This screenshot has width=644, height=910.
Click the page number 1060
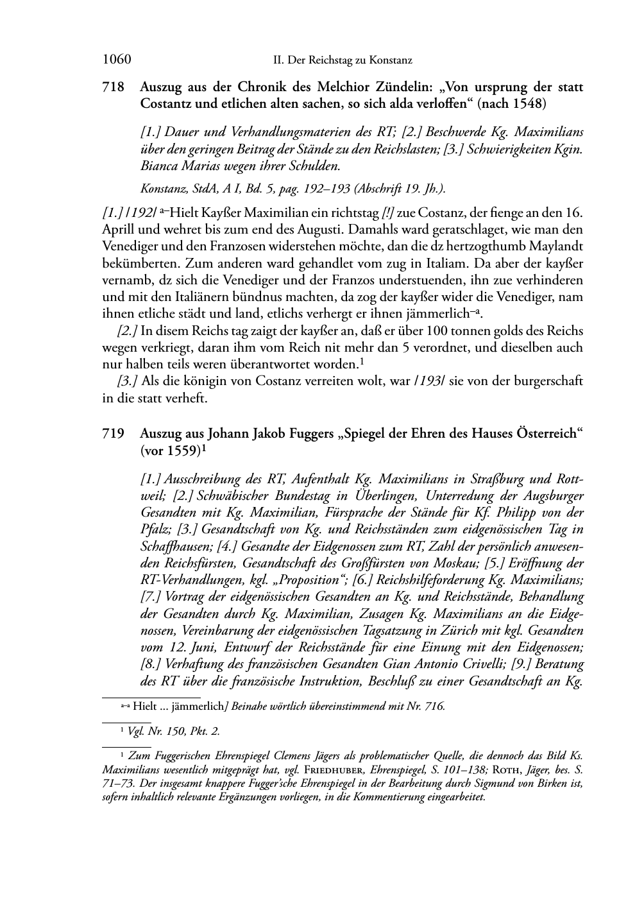[x=117, y=60]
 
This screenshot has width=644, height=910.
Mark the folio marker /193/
[x=428, y=381]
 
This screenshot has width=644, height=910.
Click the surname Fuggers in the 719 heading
[x=309, y=434]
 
